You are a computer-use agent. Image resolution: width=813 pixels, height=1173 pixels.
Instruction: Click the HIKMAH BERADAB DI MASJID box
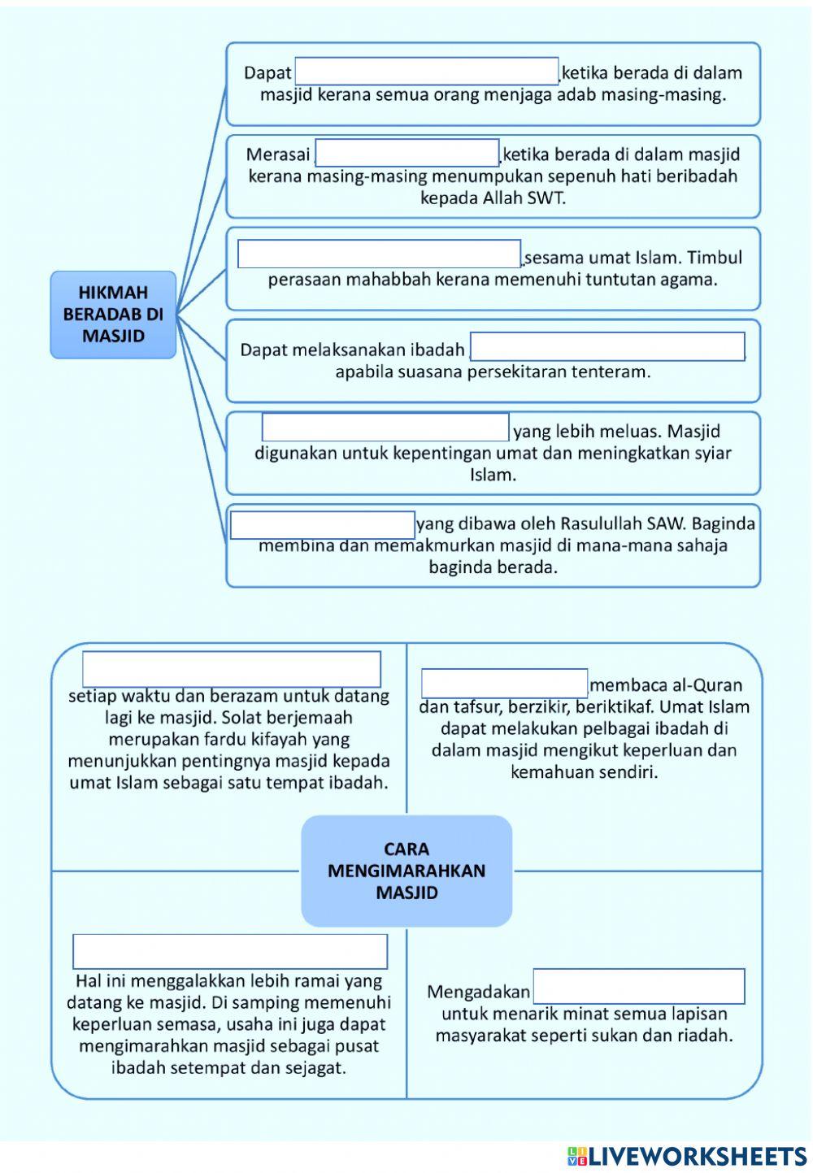(113, 315)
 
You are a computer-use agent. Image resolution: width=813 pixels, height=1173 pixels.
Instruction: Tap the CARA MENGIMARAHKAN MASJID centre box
(406, 871)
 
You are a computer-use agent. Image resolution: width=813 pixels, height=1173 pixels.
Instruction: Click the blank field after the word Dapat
(426, 71)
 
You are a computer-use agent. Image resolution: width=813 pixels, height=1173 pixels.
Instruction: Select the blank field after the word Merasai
(407, 153)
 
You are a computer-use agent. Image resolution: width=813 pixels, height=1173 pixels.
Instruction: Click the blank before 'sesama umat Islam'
(379, 254)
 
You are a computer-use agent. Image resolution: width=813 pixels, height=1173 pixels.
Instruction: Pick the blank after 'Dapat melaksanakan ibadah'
(607, 346)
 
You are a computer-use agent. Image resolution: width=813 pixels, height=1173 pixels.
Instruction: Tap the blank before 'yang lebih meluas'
(385, 428)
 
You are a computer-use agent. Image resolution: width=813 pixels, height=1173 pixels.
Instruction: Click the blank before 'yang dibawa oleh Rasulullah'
(323, 525)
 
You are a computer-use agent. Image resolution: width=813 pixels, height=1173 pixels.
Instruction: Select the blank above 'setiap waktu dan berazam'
(232, 669)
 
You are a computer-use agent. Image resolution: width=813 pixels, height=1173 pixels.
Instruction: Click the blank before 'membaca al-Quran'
(504, 684)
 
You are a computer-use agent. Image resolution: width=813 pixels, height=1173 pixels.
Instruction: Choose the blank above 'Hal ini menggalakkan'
(230, 951)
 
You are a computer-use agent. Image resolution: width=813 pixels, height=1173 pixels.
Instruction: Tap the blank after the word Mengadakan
(638, 986)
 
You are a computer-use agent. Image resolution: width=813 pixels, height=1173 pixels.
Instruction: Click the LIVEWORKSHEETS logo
(687, 1157)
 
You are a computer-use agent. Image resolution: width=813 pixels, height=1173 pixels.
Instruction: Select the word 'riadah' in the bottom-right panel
(707, 1036)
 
